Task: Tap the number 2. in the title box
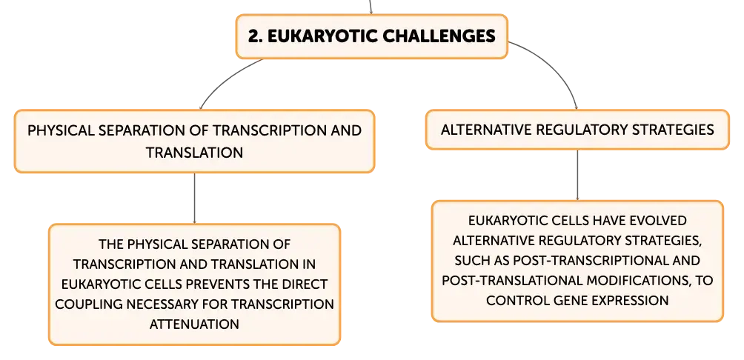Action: coord(255,36)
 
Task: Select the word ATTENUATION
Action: coord(195,324)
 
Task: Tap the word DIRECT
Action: coord(303,284)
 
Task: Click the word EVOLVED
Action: coord(659,221)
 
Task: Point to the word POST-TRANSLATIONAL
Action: coord(513,280)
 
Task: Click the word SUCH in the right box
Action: coord(469,261)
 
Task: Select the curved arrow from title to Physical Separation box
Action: coord(225,79)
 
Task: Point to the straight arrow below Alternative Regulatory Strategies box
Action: coord(577,175)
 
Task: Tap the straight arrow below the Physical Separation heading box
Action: coord(195,199)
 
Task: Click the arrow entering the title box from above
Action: coord(371,7)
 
